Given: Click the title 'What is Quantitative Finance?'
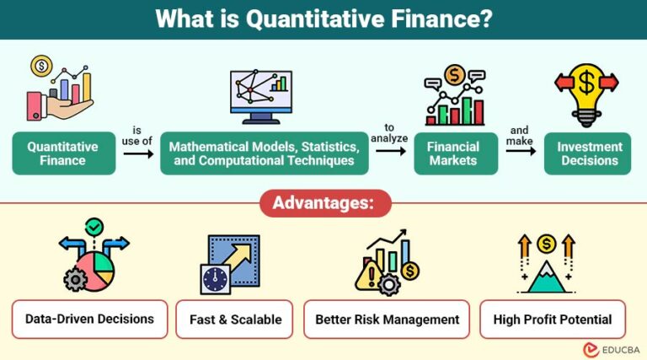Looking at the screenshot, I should pyautogui.click(x=323, y=19).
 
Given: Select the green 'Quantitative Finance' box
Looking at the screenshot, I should pyautogui.click(x=62, y=153).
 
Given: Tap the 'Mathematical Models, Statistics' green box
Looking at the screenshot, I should pyautogui.click(x=265, y=153).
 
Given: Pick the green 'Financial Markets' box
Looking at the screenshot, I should pyautogui.click(x=456, y=153).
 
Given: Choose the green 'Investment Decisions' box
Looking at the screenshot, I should pyautogui.click(x=589, y=153).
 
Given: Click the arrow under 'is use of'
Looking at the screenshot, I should pyautogui.click(x=137, y=153).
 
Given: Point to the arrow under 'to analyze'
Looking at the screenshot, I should pyautogui.click(x=388, y=151).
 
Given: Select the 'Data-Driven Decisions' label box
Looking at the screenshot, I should pyautogui.click(x=89, y=320).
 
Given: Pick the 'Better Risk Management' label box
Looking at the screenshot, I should pyautogui.click(x=387, y=320).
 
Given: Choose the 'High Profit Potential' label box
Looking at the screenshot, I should pyautogui.click(x=553, y=320).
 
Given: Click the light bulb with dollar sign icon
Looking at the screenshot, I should pyautogui.click(x=586, y=92).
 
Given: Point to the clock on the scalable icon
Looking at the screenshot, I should pyautogui.click(x=216, y=277).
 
